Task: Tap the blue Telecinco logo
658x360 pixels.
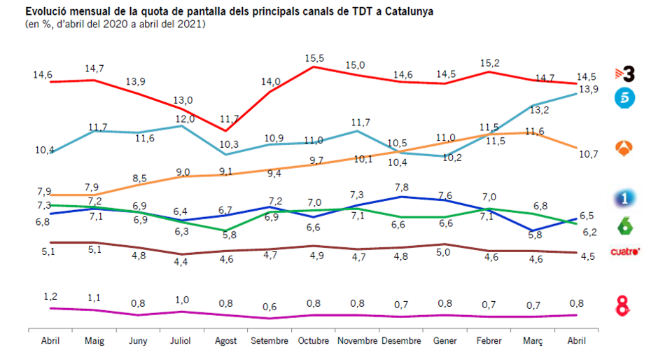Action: pos(624,99)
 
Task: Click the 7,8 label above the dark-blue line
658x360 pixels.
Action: pos(401,187)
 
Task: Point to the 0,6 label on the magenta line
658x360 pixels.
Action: pos(269,307)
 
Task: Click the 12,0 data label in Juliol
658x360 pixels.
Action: pos(184,118)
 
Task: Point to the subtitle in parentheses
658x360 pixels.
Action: pos(115,25)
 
